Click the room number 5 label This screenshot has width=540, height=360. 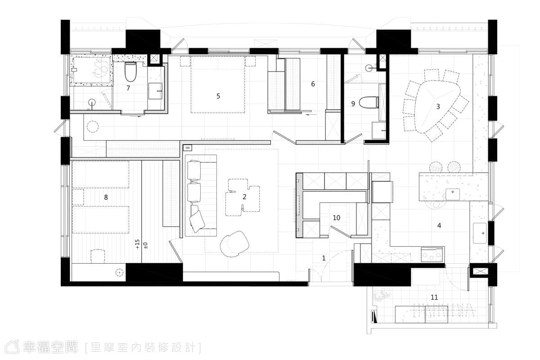click(x=218, y=96)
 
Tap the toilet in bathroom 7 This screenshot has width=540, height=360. click(x=130, y=72)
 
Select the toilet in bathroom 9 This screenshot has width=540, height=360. click(x=369, y=103)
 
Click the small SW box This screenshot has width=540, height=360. click(x=188, y=148)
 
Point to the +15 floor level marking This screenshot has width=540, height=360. click(x=137, y=244)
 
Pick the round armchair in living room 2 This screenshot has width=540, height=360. click(x=234, y=244)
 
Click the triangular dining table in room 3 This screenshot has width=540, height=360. click(x=437, y=106)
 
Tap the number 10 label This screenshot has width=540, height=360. click(x=336, y=218)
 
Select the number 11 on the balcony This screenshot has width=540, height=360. click(x=434, y=297)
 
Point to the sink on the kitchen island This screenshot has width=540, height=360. click(x=453, y=194)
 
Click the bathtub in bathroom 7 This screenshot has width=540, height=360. click(x=91, y=70)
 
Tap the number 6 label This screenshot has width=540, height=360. click(x=313, y=84)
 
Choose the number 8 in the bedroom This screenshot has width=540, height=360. click(x=106, y=197)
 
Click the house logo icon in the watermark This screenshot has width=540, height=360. click(x=12, y=347)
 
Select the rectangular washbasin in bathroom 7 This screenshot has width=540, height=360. click(x=155, y=91)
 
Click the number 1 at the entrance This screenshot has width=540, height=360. click(x=324, y=258)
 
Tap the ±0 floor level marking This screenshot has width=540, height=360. click(x=145, y=245)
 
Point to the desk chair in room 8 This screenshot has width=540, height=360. click(x=98, y=256)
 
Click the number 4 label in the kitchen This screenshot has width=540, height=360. click(x=439, y=225)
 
